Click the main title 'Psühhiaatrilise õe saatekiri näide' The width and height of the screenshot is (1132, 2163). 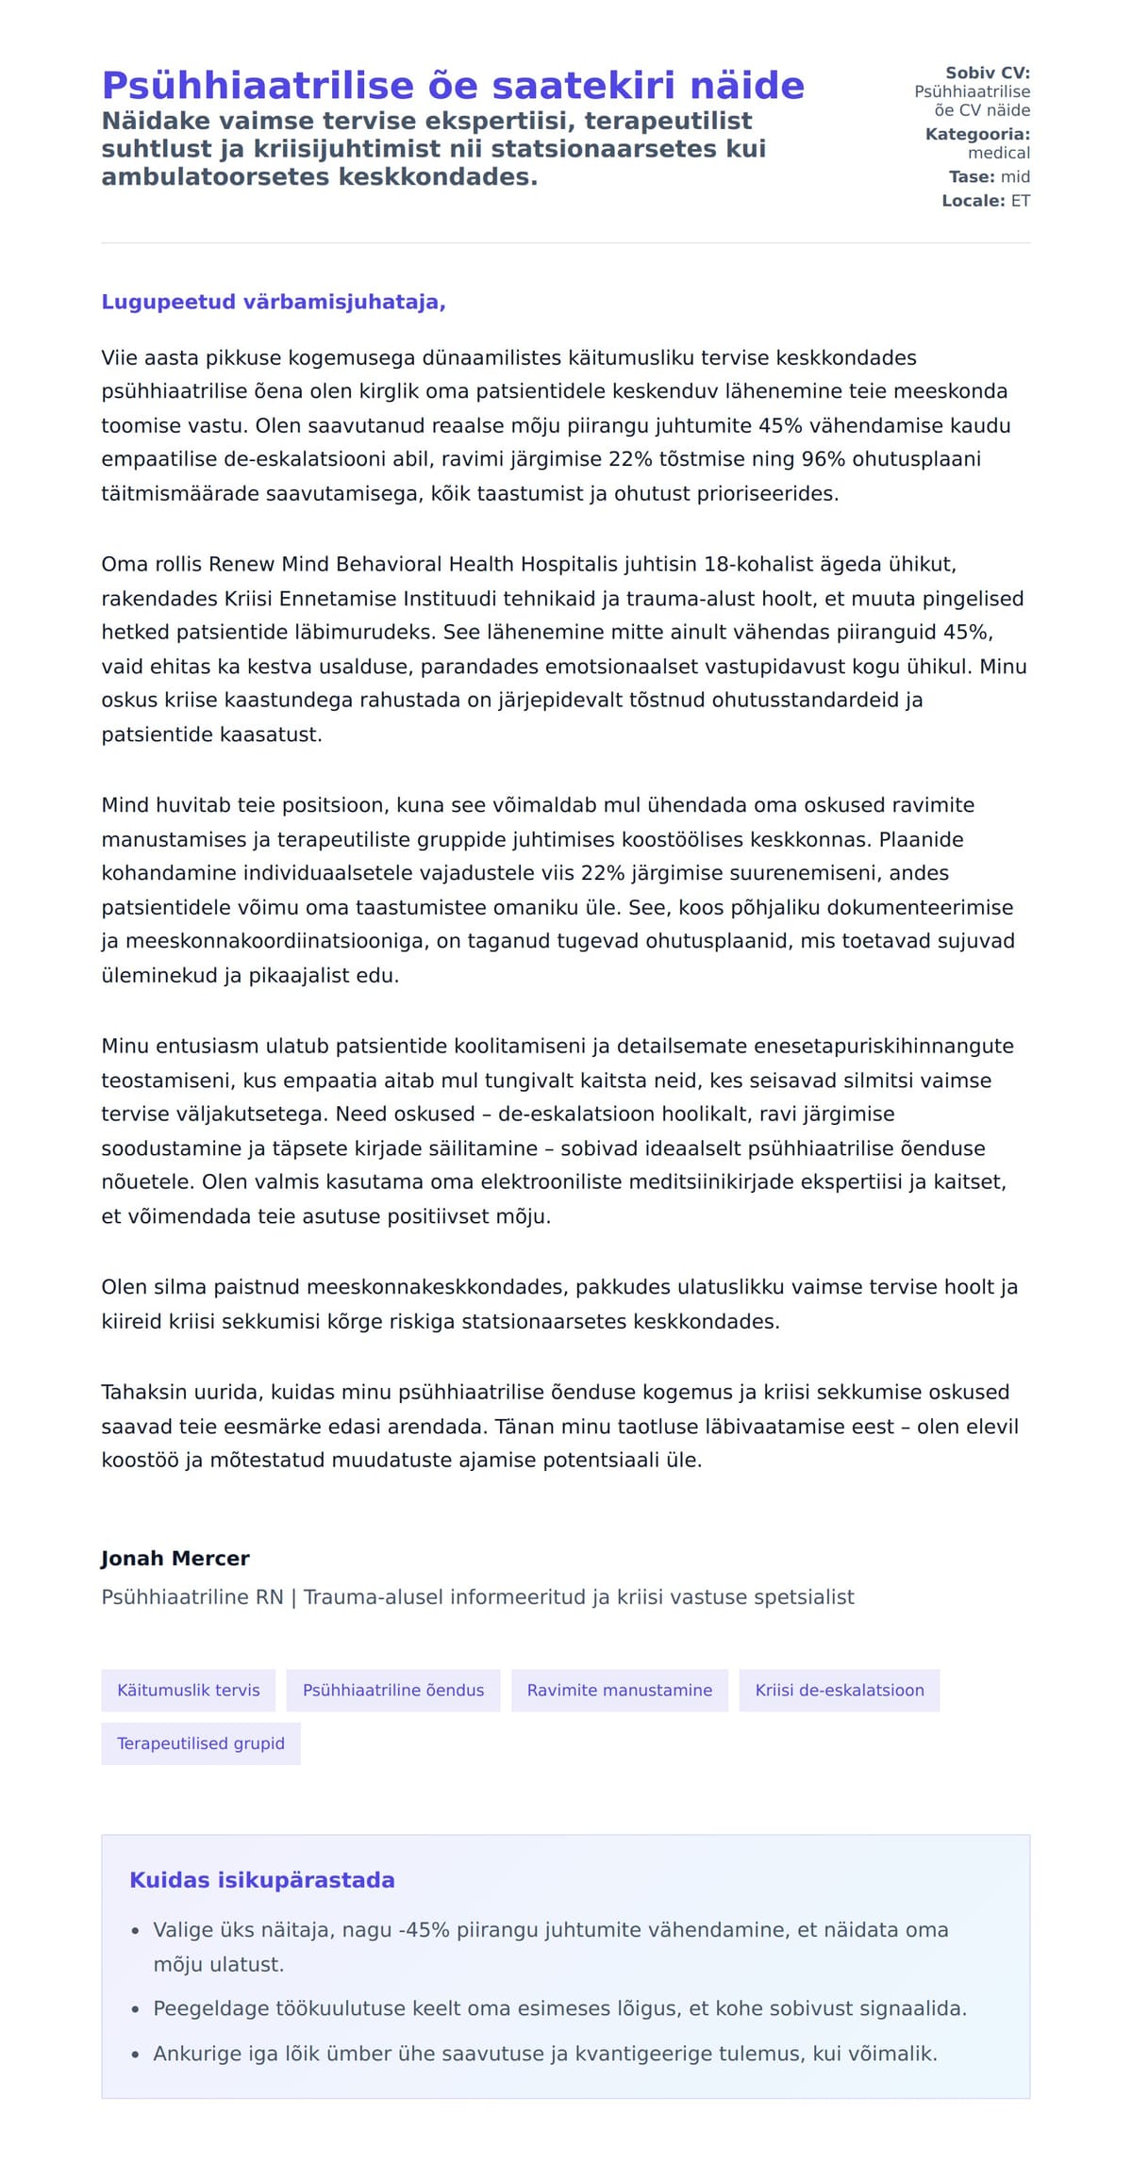(x=453, y=86)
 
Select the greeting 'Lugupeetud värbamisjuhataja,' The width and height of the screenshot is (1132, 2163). (x=274, y=302)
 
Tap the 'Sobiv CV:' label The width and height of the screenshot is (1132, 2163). (x=988, y=73)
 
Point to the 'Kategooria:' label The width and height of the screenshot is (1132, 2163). (x=977, y=134)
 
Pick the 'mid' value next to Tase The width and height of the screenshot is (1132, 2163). (x=1015, y=176)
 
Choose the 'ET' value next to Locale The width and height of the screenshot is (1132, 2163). (x=1021, y=201)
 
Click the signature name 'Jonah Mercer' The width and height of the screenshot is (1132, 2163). (x=175, y=1559)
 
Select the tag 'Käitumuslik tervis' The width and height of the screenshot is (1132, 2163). (x=189, y=1691)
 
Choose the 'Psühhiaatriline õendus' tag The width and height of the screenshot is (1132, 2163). (x=393, y=1691)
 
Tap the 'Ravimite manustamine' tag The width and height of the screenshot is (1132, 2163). (x=620, y=1691)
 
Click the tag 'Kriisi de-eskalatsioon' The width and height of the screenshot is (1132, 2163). (x=840, y=1691)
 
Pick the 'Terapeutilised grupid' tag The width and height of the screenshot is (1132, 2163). (x=201, y=1743)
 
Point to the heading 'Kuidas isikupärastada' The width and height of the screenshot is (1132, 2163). (x=262, y=1880)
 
